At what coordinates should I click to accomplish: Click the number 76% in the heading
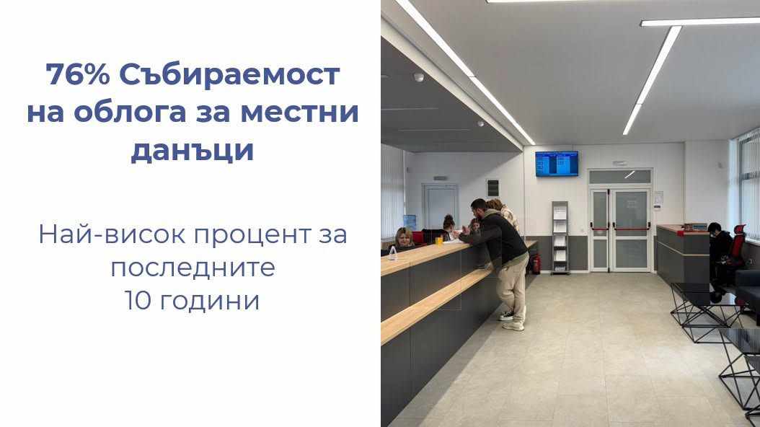coord(78,74)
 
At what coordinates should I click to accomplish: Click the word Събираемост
coord(229,74)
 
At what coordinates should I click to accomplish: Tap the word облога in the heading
coord(131,113)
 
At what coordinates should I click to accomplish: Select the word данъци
coord(193,151)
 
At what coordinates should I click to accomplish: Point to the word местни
coord(299,113)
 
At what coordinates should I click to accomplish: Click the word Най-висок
coord(112,234)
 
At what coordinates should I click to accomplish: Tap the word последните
coord(193,268)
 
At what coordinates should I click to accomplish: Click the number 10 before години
coord(138,300)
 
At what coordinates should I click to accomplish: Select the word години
coord(209,301)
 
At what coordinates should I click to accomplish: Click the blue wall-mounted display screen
coord(557,164)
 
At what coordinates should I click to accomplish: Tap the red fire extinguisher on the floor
coord(536,264)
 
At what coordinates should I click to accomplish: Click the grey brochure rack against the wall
coord(560,237)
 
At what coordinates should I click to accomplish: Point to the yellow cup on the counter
coord(439,241)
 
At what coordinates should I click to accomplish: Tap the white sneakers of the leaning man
coord(511,320)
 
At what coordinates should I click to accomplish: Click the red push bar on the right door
coord(631,226)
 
